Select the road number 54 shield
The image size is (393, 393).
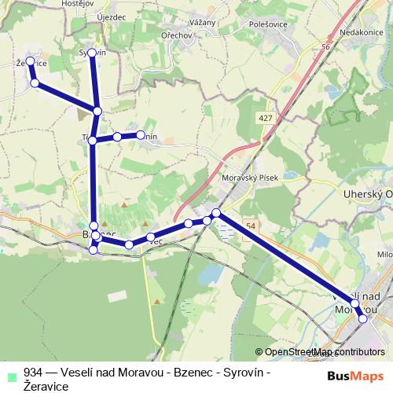tap(249, 226)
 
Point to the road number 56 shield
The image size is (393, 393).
tap(325, 48)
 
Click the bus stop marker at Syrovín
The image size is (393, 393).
tap(91, 53)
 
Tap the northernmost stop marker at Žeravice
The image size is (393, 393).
tap(30, 61)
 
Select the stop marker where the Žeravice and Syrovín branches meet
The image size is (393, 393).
tap(97, 112)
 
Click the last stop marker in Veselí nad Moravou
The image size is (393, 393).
tap(362, 318)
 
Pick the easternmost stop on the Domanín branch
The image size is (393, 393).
tap(141, 135)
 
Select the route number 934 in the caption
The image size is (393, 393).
tap(33, 373)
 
